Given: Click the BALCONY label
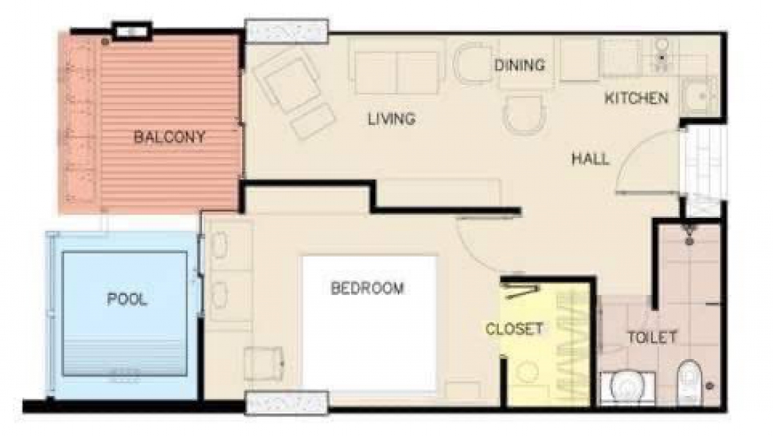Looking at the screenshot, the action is coord(169,137).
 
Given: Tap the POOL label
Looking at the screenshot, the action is coord(127,299).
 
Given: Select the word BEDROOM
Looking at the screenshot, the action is coord(367,288).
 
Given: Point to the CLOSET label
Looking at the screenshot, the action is coord(514,328).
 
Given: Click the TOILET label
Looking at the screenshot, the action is coord(652,337).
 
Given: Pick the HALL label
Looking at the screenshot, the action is coord(590,158).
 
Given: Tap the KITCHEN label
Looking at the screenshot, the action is coord(636,98).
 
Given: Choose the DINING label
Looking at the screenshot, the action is coord(520,65).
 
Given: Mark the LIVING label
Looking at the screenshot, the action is coord(391,118).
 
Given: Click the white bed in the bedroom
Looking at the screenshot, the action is coord(369,323).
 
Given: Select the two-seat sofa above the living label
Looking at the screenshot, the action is coord(396,72).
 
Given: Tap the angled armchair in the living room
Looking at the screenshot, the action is coord(288,83).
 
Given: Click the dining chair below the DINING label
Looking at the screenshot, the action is coord(524,114).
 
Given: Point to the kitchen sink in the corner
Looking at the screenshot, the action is coord(699,96).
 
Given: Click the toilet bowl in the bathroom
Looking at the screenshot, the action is coord(689,380).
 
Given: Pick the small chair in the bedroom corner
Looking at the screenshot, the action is coord(264,363).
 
